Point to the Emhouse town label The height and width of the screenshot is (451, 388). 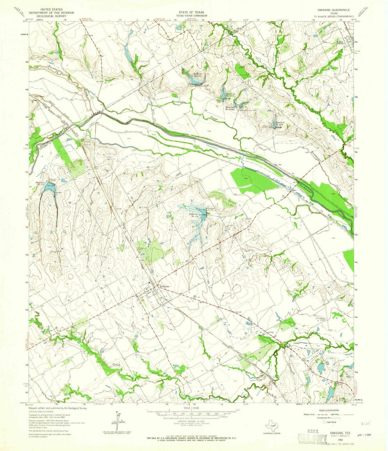tap(165, 286)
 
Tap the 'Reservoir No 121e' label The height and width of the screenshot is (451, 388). tap(280, 123)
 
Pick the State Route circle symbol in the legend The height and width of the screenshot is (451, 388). tap(324, 422)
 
